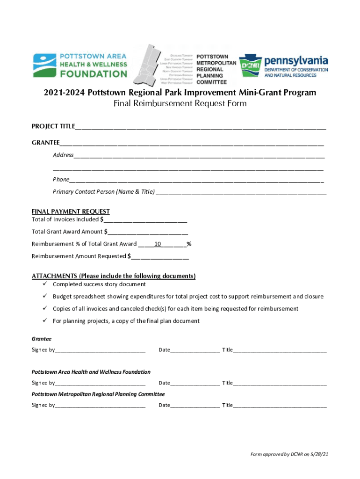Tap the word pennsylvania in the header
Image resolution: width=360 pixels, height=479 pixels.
tap(296, 61)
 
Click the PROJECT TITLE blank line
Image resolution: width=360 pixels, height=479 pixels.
tap(201, 127)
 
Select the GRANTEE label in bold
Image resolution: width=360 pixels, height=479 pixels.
tap(45, 143)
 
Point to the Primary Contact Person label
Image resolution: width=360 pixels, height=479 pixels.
tap(103, 192)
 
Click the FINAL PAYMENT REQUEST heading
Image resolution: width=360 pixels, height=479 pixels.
tap(71, 211)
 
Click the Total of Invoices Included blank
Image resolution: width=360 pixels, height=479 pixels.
tap(145, 220)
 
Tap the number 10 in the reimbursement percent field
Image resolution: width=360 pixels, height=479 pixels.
tap(158, 244)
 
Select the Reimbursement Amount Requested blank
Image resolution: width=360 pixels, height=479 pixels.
tap(160, 256)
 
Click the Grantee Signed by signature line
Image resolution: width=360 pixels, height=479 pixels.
tap(100, 350)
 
